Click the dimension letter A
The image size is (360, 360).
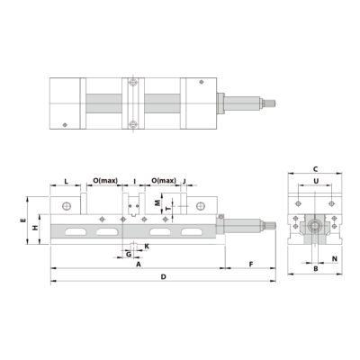tap(138, 265)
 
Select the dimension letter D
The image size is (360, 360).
tap(163, 277)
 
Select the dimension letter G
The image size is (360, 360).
tap(129, 255)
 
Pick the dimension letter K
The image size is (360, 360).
tap(147, 245)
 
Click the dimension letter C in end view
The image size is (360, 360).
tap(315, 169)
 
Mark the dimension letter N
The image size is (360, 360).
tap(335, 259)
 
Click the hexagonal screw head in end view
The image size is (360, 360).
tap(314, 226)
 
